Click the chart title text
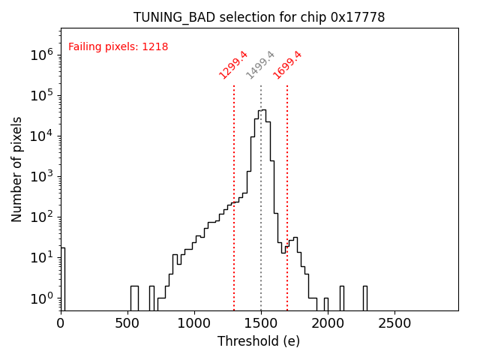[x=259, y=17]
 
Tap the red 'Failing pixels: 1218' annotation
[x=118, y=46]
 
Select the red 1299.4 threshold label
[x=233, y=65]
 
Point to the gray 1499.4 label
[x=260, y=65]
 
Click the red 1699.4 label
[x=287, y=65]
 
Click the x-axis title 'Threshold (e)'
[x=259, y=341]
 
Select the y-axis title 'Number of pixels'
[x=16, y=169]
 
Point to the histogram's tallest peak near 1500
[x=263, y=110]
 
